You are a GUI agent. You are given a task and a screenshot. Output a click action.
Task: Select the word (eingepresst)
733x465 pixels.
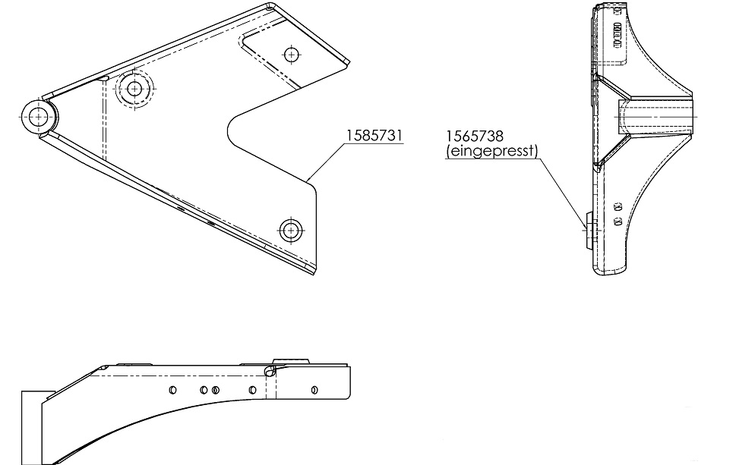pyautogui.click(x=491, y=151)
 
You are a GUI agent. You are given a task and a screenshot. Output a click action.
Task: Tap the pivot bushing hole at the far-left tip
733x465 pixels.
pyautogui.click(x=38, y=117)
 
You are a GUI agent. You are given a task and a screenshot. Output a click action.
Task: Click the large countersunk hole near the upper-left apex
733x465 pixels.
pyautogui.click(x=134, y=89)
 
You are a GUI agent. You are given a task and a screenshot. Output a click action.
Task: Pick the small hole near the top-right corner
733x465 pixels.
pyautogui.click(x=289, y=54)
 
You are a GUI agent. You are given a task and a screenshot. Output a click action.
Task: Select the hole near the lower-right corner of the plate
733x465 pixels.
pyautogui.click(x=289, y=230)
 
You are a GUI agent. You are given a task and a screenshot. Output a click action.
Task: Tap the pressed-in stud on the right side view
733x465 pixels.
pyautogui.click(x=587, y=227)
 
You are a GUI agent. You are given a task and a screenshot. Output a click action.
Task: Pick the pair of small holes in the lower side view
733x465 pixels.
pyautogui.click(x=617, y=214)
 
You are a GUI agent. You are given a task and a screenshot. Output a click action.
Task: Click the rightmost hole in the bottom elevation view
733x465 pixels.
pyautogui.click(x=314, y=390)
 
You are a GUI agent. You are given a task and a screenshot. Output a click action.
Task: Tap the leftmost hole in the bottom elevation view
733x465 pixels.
pyautogui.click(x=172, y=390)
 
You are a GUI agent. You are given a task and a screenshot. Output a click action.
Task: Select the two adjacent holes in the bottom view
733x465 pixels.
pyautogui.click(x=210, y=390)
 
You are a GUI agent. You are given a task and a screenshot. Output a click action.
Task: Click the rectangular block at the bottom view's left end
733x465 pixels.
pyautogui.click(x=33, y=426)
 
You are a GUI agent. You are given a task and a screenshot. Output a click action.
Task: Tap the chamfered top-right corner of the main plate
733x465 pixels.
pyautogui.click(x=345, y=61)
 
